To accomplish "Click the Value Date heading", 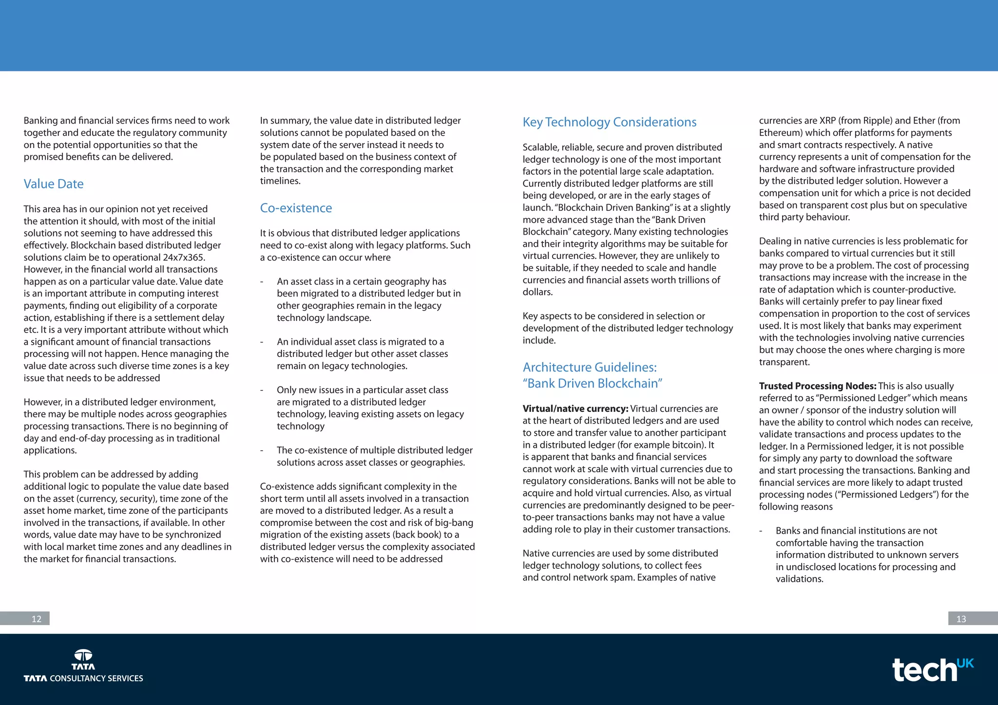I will coord(54,184).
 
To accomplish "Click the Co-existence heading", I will coord(296,208).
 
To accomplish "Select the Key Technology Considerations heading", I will coord(609,122).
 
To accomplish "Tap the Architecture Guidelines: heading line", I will coord(590,368).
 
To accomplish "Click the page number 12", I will coord(37,619).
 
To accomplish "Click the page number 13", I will coord(961,619).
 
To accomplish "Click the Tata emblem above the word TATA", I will coord(83,655).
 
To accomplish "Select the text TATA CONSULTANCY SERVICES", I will coord(83,679).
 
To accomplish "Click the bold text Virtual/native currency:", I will coord(575,409).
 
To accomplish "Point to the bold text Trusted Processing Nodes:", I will coord(817,386).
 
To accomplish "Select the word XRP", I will coord(827,121).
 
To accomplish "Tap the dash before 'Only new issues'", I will coord(262,390).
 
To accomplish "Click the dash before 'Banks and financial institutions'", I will coord(761,531).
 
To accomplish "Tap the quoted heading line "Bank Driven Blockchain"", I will coord(592,384).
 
